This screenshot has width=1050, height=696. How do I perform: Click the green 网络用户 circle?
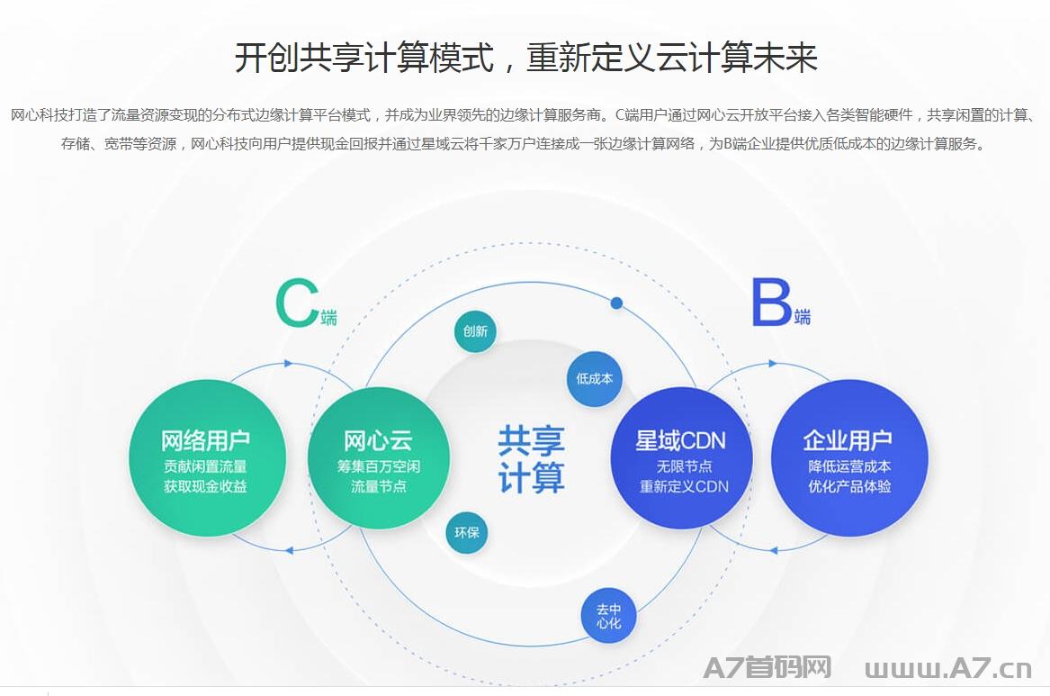[x=207, y=458]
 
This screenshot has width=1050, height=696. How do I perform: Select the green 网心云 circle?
[x=379, y=458]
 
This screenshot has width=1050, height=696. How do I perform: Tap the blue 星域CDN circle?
[x=682, y=458]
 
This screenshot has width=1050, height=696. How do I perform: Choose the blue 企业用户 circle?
[x=849, y=458]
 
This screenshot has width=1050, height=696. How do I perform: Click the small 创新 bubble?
[x=475, y=331]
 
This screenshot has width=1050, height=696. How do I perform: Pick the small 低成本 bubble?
[x=595, y=378]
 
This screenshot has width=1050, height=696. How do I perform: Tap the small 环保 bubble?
[x=467, y=532]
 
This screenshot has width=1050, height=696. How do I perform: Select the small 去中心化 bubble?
[x=609, y=616]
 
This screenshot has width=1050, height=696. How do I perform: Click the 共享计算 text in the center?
[x=531, y=459]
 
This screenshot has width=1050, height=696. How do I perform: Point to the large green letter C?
[x=296, y=303]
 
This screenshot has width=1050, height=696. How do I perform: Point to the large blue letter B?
[x=771, y=303]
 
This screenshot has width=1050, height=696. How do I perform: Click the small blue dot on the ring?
[x=616, y=303]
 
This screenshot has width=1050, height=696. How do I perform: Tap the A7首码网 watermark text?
[x=767, y=667]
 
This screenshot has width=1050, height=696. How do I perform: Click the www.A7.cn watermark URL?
[x=948, y=668]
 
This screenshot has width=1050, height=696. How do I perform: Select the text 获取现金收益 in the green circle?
[x=205, y=486]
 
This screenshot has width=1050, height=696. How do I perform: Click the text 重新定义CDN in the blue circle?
[x=684, y=486]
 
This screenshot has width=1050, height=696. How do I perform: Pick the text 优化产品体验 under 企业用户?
[x=849, y=486]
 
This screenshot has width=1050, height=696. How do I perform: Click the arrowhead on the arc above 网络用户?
[x=289, y=364]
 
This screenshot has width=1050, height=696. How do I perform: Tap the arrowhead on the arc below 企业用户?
[x=774, y=550]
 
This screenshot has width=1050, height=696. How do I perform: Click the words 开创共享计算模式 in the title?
[x=364, y=58]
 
